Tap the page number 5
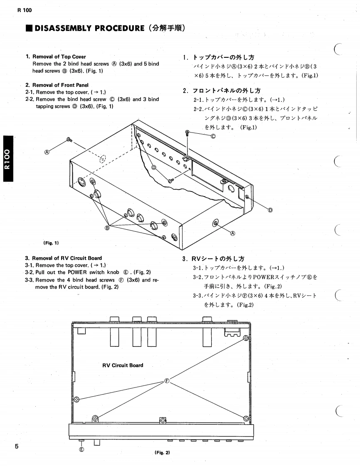[17, 446]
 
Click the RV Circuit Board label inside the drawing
[123, 365]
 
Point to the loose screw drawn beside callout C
[188, 132]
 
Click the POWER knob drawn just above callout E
[81, 441]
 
